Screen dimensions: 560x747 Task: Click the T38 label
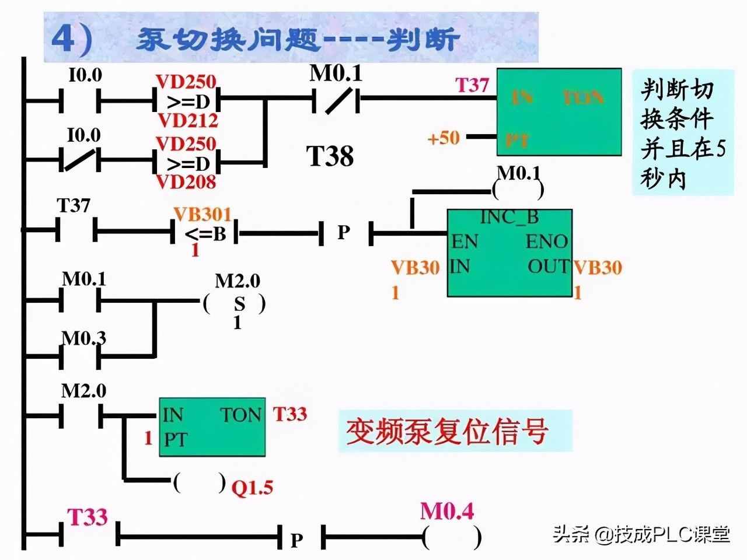pos(330,156)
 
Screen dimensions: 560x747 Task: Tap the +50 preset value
pos(444,138)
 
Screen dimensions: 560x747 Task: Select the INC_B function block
pos(509,253)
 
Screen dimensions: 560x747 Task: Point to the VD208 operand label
pos(186,182)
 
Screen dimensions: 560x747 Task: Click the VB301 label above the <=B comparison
pos(203,215)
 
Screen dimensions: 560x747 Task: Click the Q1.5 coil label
pos(253,487)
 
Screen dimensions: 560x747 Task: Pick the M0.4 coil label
pos(447,512)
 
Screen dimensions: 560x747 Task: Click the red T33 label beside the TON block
pos(290,414)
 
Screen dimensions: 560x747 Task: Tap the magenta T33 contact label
pos(88,517)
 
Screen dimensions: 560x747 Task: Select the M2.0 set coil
pos(236,304)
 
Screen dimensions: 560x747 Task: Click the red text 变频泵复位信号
pos(447,432)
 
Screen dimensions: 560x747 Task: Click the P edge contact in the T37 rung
pos(344,233)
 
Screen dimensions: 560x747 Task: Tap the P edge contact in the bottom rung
pos(297,540)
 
